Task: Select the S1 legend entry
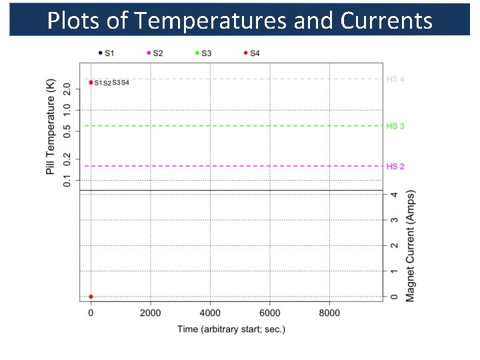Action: click(x=106, y=53)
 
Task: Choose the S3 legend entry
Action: click(x=203, y=53)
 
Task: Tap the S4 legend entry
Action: click(x=251, y=53)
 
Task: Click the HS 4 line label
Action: click(x=395, y=79)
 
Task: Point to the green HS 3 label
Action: click(x=395, y=126)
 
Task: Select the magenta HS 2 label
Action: click(x=395, y=166)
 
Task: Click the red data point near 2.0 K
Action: click(x=91, y=83)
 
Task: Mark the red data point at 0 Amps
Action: click(x=91, y=297)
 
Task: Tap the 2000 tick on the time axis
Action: click(x=151, y=313)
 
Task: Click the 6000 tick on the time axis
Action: click(x=269, y=313)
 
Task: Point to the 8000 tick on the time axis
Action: click(x=329, y=313)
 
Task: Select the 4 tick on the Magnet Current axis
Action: click(x=395, y=195)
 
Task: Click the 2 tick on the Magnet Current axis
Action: click(x=395, y=245)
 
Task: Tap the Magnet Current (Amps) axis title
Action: click(x=411, y=245)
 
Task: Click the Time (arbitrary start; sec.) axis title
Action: click(x=231, y=329)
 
